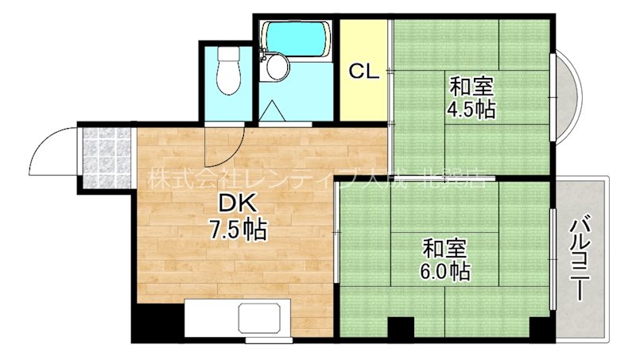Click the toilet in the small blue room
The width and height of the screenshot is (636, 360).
[x=228, y=72]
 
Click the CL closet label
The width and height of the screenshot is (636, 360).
[x=364, y=71]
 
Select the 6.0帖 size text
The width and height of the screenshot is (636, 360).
[x=444, y=271]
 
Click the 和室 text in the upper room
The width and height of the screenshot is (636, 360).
[x=467, y=84]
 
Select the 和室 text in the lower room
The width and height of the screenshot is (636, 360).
[x=440, y=247]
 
